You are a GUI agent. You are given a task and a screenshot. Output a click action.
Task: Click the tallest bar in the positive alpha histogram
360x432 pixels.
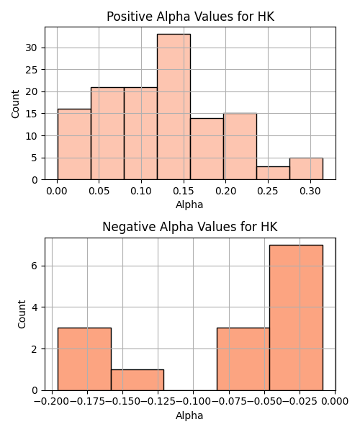(x=174, y=107)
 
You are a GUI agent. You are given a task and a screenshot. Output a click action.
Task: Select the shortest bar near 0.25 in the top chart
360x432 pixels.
(x=273, y=173)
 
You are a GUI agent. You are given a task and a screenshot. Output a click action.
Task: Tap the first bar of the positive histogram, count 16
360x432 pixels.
(x=74, y=145)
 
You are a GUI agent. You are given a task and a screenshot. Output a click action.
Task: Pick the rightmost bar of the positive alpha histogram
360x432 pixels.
(x=306, y=168)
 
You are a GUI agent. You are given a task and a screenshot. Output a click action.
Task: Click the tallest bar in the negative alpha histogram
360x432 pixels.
(x=296, y=318)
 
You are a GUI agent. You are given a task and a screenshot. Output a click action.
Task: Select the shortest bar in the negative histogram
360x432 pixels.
(x=138, y=380)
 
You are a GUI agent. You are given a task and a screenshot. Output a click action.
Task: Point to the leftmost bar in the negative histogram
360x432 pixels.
(x=84, y=359)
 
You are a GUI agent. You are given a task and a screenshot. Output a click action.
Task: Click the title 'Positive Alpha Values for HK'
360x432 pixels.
(x=190, y=17)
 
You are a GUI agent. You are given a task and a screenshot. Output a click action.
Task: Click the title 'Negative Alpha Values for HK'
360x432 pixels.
(x=190, y=227)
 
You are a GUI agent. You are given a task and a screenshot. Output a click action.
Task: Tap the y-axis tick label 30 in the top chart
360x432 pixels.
(x=31, y=48)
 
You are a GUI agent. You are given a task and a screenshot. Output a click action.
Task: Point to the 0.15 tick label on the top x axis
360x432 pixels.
(x=184, y=191)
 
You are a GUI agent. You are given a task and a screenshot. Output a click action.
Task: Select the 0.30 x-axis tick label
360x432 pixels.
(x=310, y=191)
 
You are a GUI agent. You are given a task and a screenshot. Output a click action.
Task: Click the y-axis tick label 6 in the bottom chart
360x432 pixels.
(x=35, y=266)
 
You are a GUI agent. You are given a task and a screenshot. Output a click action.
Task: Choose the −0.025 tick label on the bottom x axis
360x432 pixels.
(x=300, y=401)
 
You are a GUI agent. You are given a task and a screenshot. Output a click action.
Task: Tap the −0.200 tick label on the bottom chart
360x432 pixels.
(x=52, y=401)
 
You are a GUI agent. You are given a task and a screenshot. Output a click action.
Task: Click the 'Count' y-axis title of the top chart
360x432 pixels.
(x=15, y=104)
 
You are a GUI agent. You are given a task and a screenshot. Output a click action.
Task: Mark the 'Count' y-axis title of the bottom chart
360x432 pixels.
(x=22, y=315)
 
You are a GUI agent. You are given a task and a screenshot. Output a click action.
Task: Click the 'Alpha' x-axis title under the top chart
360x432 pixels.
(x=189, y=204)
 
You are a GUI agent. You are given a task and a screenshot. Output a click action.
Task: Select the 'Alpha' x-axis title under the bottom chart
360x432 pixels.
(x=189, y=415)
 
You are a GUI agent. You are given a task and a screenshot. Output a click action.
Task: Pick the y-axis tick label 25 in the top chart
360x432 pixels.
(x=31, y=70)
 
